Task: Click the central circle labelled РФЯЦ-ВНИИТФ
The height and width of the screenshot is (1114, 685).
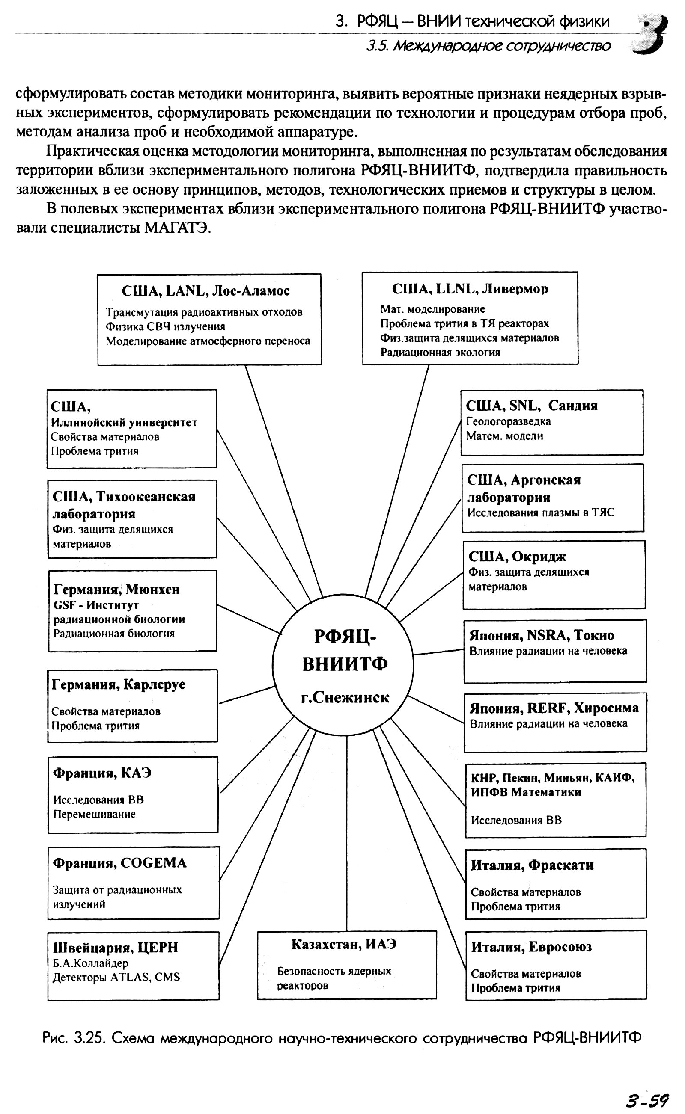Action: click(x=343, y=664)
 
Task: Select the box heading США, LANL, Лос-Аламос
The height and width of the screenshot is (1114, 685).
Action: click(x=205, y=290)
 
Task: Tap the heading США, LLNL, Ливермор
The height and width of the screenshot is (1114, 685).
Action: click(x=470, y=289)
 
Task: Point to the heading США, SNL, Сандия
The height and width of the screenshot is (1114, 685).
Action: click(x=531, y=405)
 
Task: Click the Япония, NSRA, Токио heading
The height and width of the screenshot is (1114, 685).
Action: click(x=542, y=636)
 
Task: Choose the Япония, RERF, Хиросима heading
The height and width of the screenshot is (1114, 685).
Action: click(x=554, y=708)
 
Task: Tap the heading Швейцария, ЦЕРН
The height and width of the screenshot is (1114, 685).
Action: click(x=115, y=947)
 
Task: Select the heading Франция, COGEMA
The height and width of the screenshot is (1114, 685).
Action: click(x=119, y=863)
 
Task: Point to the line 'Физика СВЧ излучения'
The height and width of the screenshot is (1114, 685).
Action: click(x=165, y=326)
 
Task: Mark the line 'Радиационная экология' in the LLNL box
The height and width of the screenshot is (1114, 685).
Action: click(x=440, y=352)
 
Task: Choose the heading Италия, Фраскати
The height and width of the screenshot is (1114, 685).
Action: click(x=532, y=865)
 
